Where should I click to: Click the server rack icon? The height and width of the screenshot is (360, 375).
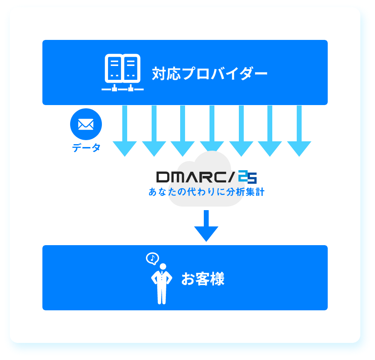point(122,72)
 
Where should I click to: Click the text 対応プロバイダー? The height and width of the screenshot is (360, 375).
point(210,73)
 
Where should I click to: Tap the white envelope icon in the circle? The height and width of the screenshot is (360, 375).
point(86,124)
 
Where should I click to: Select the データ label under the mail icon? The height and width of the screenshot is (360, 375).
point(86,148)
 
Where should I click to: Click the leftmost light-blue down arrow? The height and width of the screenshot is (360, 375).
point(125,131)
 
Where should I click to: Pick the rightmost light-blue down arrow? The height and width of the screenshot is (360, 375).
point(299,131)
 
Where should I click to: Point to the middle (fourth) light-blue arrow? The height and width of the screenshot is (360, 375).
point(212,129)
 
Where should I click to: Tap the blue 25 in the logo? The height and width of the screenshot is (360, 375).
point(247,177)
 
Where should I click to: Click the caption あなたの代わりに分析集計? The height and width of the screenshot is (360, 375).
point(206,192)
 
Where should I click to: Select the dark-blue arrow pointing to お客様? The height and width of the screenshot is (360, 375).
point(206,226)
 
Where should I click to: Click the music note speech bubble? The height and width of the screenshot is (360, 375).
point(152,259)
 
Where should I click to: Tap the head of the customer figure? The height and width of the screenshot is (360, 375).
point(163,267)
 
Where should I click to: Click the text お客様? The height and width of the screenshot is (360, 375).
point(203,279)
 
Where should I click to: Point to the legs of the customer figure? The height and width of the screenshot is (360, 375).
point(162,294)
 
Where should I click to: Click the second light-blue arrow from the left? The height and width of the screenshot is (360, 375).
point(154,131)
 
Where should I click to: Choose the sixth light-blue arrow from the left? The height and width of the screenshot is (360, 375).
point(270,131)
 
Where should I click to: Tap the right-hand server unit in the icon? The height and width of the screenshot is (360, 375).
point(131,68)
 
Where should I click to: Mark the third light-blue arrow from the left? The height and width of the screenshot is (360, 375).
point(183,131)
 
